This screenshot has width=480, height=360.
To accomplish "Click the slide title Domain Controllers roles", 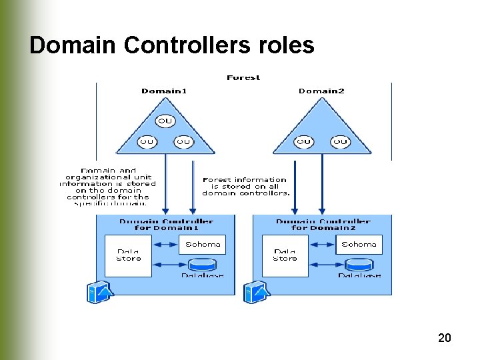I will [x=171, y=45].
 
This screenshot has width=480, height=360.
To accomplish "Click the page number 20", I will [x=445, y=338].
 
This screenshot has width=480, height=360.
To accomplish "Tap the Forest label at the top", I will [x=243, y=78].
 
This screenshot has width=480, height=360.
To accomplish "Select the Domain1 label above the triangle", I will [x=165, y=91].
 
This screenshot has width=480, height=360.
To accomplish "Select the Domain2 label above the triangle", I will [x=321, y=91].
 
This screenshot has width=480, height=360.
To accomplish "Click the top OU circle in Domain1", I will [x=165, y=121].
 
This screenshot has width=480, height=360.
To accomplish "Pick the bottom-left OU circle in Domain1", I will [x=147, y=141].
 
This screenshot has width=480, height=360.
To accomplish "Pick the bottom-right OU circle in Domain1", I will [x=183, y=141].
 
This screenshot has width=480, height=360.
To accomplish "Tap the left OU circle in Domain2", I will [x=304, y=141].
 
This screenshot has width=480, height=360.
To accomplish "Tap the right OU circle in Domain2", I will [x=340, y=141].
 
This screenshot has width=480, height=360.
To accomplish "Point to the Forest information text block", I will [x=245, y=186].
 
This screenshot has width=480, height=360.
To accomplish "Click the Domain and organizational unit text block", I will [x=108, y=186].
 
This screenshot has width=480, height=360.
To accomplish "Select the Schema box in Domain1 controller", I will [x=203, y=245].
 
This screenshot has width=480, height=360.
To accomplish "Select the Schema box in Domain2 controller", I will [x=359, y=245].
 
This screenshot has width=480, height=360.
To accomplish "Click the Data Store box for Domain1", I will [x=128, y=255].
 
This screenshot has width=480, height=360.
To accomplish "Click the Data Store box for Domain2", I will [x=285, y=255].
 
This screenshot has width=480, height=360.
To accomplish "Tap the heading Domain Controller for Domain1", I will [x=166, y=225].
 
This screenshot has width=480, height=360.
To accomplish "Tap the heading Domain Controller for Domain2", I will [x=323, y=225].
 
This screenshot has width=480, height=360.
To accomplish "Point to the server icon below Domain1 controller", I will [x=100, y=292].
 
